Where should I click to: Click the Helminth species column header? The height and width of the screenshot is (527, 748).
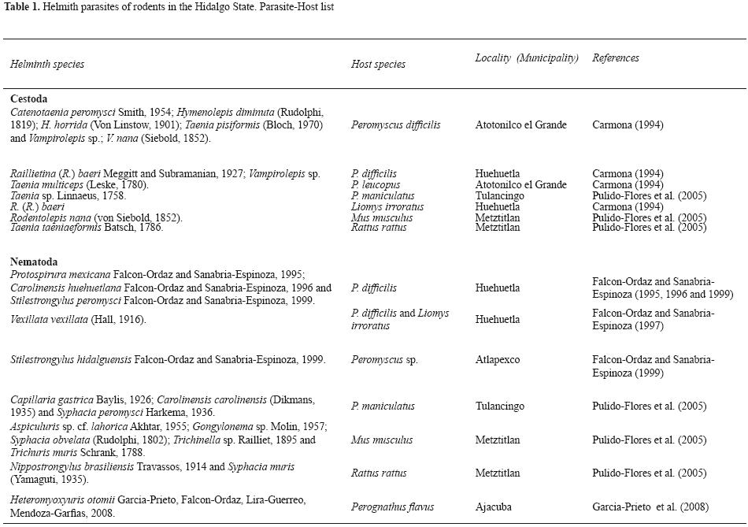pyautogui.click(x=47, y=64)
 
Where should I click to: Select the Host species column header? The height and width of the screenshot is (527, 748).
pyautogui.click(x=378, y=64)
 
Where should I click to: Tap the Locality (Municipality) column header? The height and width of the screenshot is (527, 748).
pyautogui.click(x=527, y=58)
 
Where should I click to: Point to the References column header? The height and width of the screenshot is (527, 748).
pyautogui.click(x=616, y=58)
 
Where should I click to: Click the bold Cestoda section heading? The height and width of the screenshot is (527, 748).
pyautogui.click(x=29, y=99)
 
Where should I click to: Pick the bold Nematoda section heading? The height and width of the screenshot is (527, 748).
pyautogui.click(x=34, y=262)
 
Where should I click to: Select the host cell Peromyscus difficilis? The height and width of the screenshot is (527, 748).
pyautogui.click(x=395, y=124)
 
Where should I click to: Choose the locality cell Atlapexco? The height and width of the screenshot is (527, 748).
pyautogui.click(x=498, y=359)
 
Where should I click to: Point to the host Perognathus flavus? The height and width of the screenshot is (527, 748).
pyautogui.click(x=392, y=507)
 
